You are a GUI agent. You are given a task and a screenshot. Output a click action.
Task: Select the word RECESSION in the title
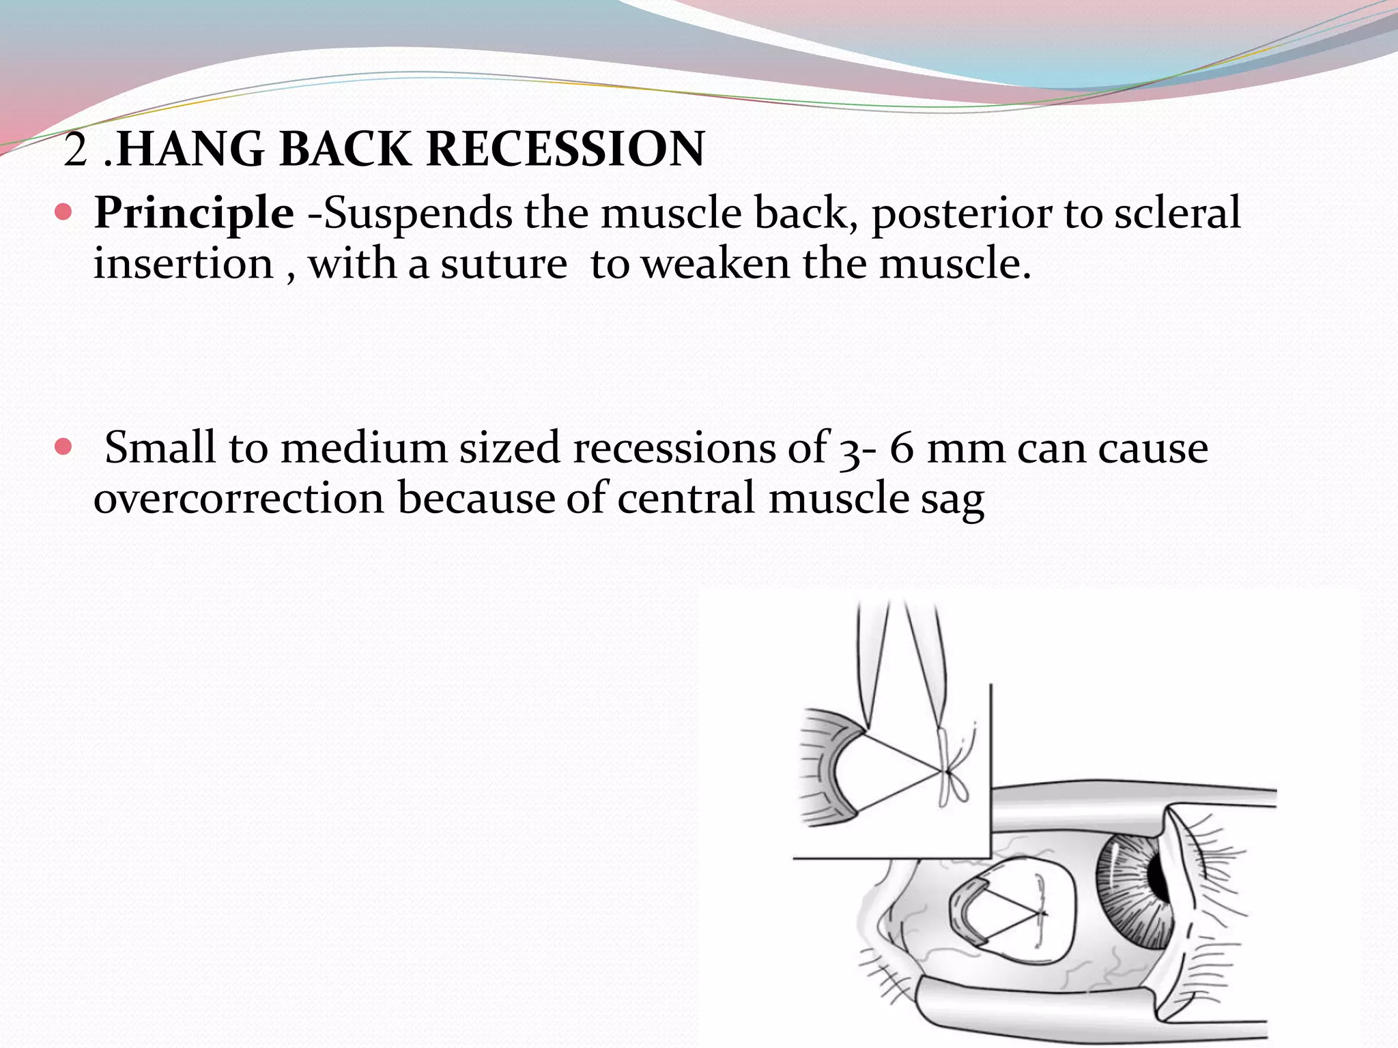[x=565, y=149]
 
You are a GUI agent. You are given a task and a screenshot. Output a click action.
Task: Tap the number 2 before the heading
[x=75, y=150]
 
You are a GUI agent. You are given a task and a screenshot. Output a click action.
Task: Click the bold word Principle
[x=194, y=214]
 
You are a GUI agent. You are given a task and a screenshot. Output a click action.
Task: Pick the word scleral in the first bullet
[x=1177, y=213]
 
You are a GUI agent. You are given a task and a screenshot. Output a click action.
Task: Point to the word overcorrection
[x=239, y=498]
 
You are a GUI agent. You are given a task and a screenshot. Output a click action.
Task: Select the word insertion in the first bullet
[x=183, y=265]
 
